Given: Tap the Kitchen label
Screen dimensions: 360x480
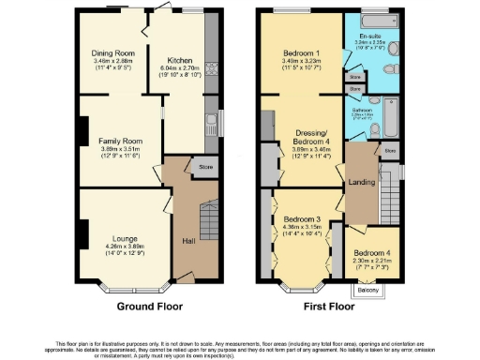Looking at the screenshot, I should (x=180, y=59).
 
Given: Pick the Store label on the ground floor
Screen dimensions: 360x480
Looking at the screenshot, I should (x=204, y=167).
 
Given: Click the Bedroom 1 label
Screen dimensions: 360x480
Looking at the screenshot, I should (x=303, y=52).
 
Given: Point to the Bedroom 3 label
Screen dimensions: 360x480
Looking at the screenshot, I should (x=302, y=219).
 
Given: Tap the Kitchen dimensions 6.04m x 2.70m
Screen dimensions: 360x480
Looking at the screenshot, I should (x=180, y=67).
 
